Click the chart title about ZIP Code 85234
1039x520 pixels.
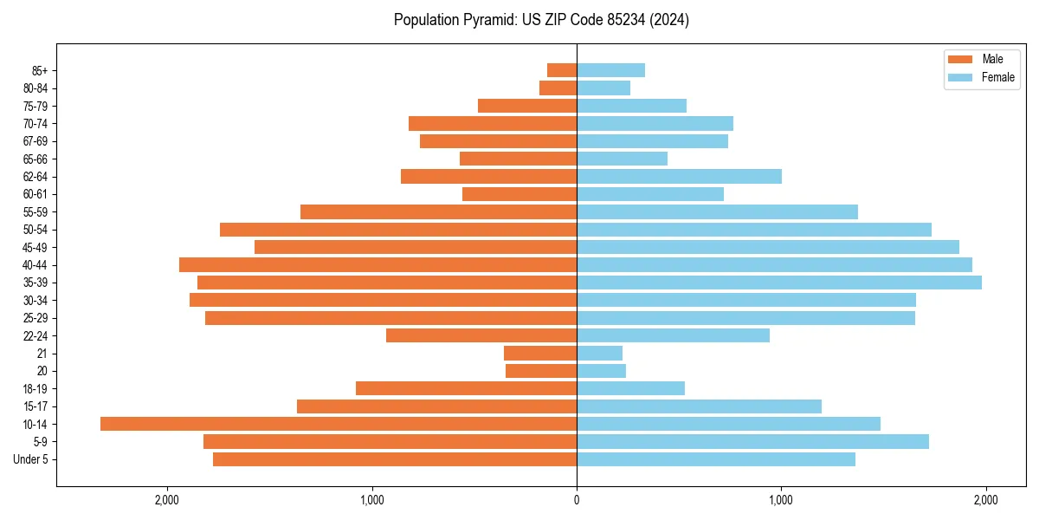click(541, 20)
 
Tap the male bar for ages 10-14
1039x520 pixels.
click(339, 424)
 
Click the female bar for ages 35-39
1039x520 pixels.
click(779, 283)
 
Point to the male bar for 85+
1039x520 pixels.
click(562, 70)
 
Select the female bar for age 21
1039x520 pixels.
click(599, 353)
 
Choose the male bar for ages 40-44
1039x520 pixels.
click(378, 264)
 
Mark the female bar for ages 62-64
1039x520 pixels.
click(679, 176)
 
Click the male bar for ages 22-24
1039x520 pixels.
click(481, 335)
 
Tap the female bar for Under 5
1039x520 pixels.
click(716, 459)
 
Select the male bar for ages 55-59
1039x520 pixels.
click(438, 211)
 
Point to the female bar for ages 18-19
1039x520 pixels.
click(630, 388)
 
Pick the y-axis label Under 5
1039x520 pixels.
click(30, 459)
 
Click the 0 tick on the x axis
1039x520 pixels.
click(577, 500)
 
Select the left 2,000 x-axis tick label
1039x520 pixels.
click(167, 500)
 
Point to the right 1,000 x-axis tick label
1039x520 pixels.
click(781, 500)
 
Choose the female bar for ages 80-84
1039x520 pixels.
click(603, 88)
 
